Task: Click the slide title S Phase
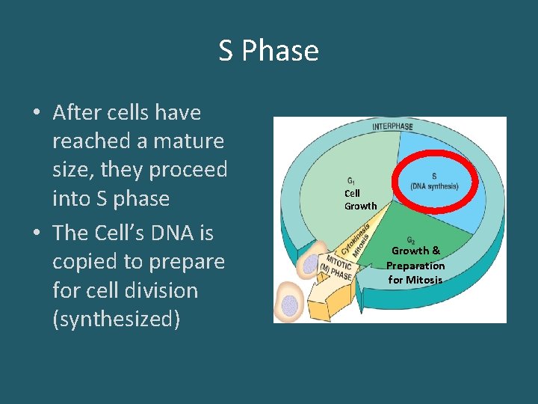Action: tap(268, 51)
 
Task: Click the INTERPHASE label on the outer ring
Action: tap(392, 126)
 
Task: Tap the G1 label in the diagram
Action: tap(351, 180)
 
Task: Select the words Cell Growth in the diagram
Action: tap(360, 200)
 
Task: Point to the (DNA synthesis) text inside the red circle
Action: tap(434, 186)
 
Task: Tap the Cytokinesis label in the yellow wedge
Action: tap(356, 239)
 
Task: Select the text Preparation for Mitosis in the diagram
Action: tap(415, 273)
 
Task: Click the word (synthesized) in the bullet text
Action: tap(116, 319)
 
